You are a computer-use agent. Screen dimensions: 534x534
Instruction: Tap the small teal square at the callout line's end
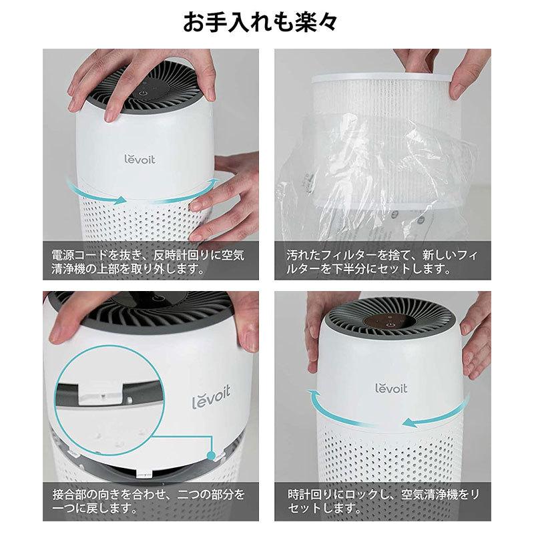[212, 456]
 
